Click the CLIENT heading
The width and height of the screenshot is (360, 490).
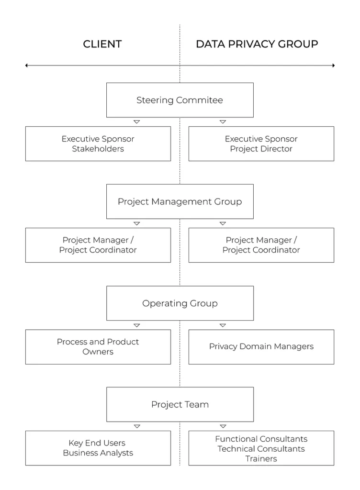point(102,44)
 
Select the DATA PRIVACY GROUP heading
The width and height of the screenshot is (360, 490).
point(257,44)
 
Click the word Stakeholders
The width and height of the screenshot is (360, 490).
point(98,149)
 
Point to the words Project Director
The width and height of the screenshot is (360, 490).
point(261,149)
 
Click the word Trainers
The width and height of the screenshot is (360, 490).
point(261,459)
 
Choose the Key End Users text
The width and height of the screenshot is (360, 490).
point(97,443)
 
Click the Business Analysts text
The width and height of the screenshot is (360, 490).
point(98,453)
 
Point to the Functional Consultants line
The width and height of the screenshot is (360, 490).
point(261,439)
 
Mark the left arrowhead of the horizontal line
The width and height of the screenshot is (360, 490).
point(26,65)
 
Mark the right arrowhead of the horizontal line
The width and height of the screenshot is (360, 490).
point(334,65)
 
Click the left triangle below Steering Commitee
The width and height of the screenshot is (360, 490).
point(136,122)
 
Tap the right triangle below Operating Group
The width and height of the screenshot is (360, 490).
point(223,325)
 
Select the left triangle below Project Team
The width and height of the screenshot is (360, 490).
point(137,426)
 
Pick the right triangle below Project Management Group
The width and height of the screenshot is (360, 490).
point(223,223)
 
